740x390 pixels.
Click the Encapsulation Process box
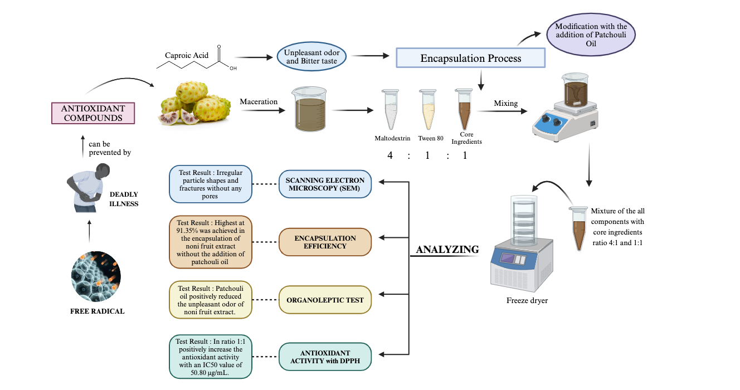[470, 58]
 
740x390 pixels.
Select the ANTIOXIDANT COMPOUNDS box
[93, 113]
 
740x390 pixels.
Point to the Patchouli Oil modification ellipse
[591, 35]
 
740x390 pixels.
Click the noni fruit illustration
[195, 103]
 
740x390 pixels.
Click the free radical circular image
[96, 276]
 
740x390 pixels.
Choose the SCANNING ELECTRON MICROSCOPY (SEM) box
[325, 184]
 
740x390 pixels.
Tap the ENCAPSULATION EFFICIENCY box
[325, 242]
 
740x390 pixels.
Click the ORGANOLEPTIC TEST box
[325, 300]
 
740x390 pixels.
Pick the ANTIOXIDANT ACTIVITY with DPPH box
[325, 357]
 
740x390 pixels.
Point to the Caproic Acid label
[186, 55]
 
